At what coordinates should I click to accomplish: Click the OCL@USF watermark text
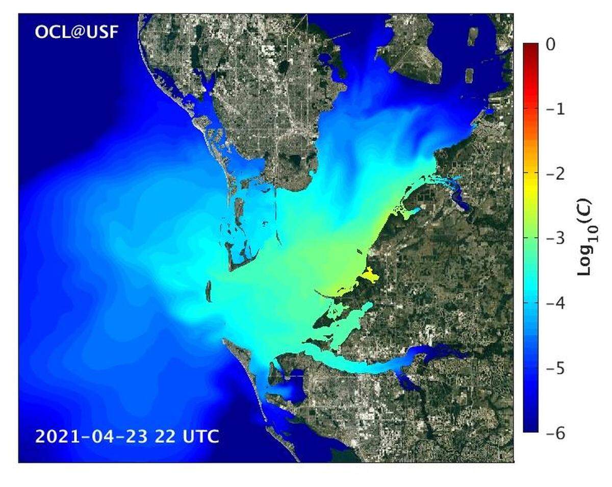76,32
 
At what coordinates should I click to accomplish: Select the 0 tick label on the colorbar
549,45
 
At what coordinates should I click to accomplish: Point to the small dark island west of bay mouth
208,291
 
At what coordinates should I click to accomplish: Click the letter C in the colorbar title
583,209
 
